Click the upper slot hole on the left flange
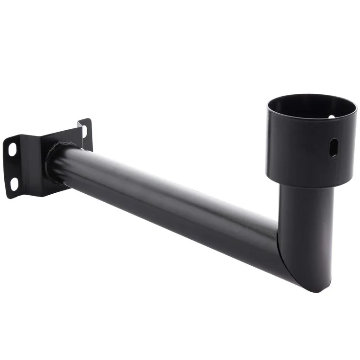pyautogui.click(x=12, y=149)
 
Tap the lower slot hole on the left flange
pyautogui.click(x=14, y=182)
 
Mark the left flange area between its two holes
pyautogui.click(x=14, y=166)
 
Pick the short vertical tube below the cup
pyautogui.click(x=308, y=227)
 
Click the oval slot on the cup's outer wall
pyautogui.click(x=333, y=148)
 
